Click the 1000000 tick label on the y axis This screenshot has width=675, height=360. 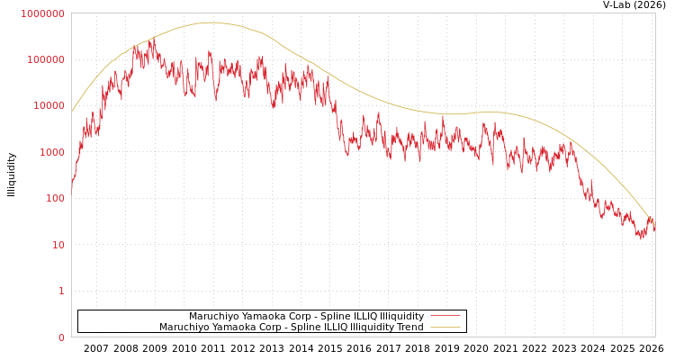[x=43, y=13]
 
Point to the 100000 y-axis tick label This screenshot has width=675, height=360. [x=46, y=59]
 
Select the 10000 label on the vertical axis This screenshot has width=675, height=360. [x=49, y=106]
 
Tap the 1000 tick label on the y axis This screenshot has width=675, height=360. [x=51, y=152]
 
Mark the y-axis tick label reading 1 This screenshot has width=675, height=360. [x=61, y=292]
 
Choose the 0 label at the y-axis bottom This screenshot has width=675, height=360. [x=61, y=337]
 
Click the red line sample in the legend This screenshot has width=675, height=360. [x=445, y=316]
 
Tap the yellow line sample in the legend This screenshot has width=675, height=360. [x=445, y=327]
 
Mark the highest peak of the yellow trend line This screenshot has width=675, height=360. [x=211, y=22]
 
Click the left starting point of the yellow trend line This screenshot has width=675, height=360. [x=72, y=112]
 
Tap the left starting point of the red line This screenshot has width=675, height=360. [x=72, y=189]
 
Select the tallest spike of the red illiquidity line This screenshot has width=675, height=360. [x=152, y=39]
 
